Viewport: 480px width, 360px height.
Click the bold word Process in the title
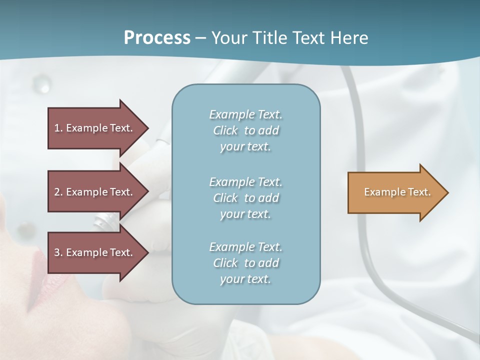coord(157,38)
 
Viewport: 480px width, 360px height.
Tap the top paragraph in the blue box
coord(245,130)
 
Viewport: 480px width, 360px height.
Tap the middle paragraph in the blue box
coord(245,198)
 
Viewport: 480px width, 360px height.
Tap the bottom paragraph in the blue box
coord(245,263)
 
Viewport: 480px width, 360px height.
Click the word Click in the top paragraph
coord(225,130)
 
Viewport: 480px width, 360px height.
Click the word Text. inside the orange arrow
coord(419,192)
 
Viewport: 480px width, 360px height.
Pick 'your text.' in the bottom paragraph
coord(245,279)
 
